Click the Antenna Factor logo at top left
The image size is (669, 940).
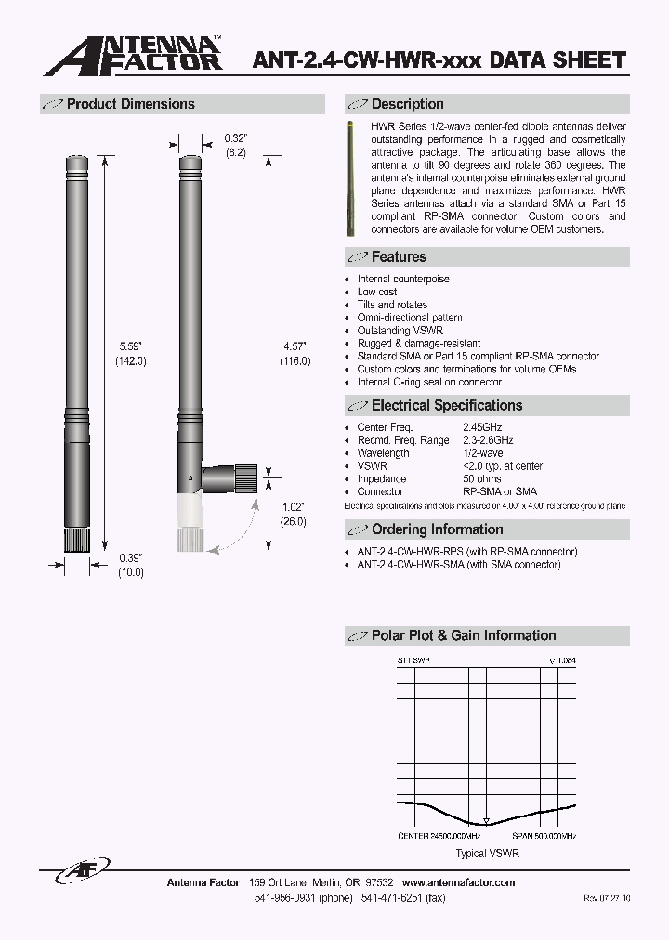tap(133, 56)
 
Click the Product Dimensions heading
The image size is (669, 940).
tap(130, 104)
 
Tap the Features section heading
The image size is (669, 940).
tap(399, 257)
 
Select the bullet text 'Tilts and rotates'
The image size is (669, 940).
tap(392, 305)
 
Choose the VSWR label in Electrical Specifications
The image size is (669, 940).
tap(372, 466)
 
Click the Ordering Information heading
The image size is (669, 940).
tap(437, 529)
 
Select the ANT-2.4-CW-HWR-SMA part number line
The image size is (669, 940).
tap(459, 565)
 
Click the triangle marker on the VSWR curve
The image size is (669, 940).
tap(485, 822)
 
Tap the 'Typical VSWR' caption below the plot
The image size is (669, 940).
tap(487, 853)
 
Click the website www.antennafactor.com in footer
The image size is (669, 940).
tap(458, 882)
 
